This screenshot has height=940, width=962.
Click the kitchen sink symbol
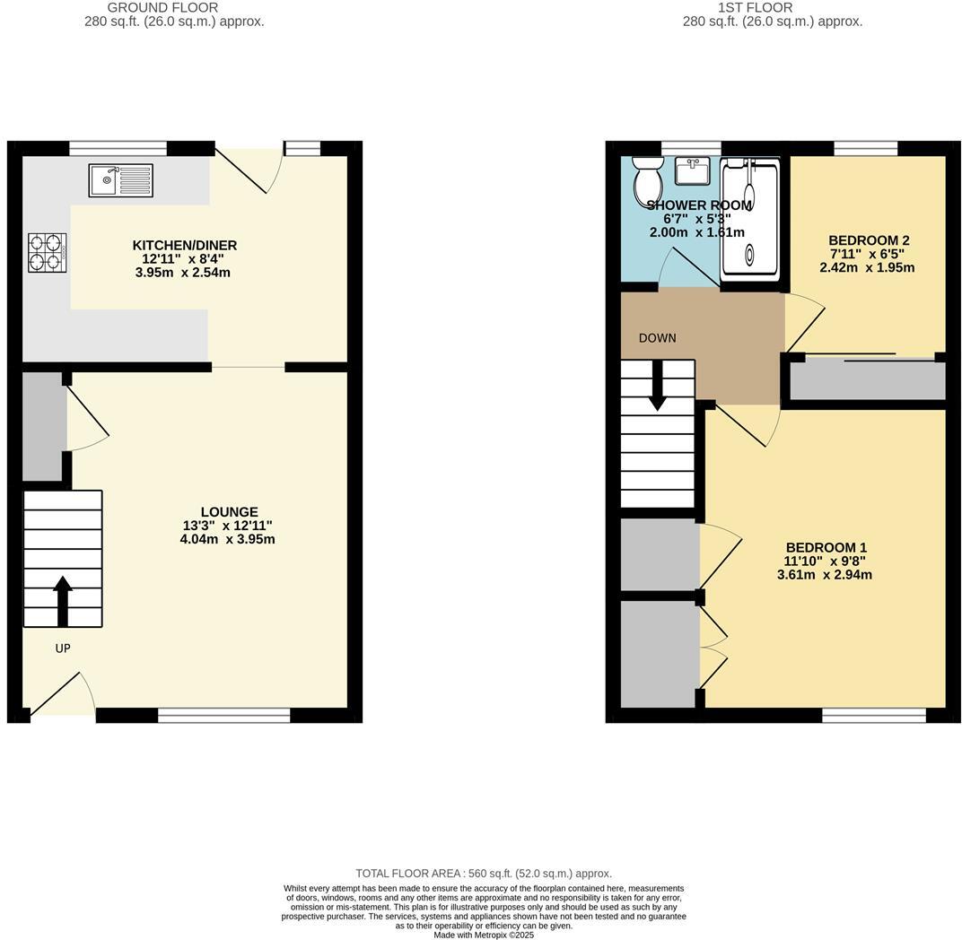(x=120, y=180)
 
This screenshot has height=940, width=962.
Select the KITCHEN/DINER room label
(x=185, y=246)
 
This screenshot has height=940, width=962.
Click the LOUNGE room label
(x=229, y=512)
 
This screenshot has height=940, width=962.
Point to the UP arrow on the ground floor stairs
(x=63, y=600)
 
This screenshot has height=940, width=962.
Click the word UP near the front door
(x=63, y=648)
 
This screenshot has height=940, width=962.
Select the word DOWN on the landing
(x=658, y=338)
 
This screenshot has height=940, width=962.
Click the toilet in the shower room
(x=647, y=179)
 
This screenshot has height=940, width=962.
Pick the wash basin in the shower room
(x=692, y=170)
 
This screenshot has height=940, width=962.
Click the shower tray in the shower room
(x=751, y=220)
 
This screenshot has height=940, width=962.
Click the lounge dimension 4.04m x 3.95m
(x=227, y=540)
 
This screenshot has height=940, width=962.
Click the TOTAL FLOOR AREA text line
(x=484, y=873)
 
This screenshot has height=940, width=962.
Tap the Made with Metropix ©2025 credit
(x=484, y=935)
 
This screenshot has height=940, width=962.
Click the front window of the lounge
(x=223, y=715)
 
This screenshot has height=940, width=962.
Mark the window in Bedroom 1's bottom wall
(x=873, y=715)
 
